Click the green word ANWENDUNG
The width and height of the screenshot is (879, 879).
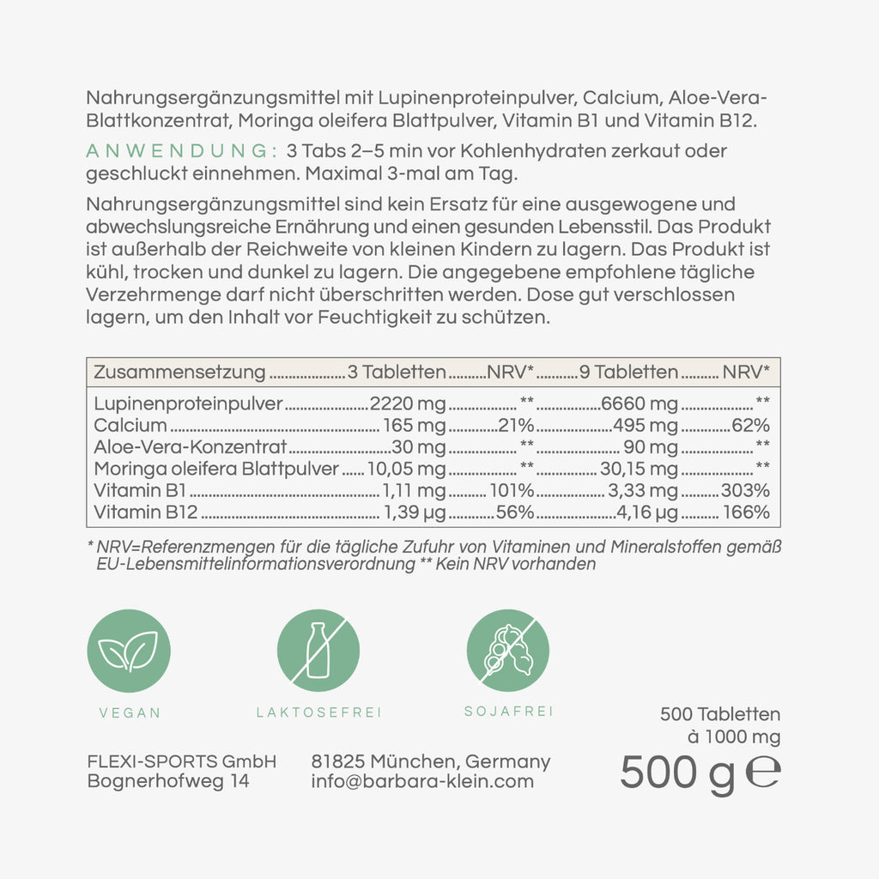coord(178,151)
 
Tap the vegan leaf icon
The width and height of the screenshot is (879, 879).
coord(129,650)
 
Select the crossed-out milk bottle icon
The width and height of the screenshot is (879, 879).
coord(318,650)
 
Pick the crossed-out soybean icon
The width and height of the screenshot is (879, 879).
coord(508,650)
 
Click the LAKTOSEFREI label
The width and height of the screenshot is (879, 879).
coord(318,712)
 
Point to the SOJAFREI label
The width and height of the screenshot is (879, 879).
coord(508,712)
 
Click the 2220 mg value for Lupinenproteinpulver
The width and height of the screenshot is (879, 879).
coord(407,404)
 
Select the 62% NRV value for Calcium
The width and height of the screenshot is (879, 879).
coord(751,426)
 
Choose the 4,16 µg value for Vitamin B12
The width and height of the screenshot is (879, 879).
coord(647,513)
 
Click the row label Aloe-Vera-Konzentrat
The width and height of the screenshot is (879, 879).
coord(190,447)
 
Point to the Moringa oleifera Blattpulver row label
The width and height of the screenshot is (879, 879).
coord(217,469)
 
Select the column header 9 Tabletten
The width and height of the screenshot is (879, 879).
coord(629,373)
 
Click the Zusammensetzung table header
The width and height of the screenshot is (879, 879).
coord(179,373)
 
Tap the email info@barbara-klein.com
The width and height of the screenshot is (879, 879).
coord(422,781)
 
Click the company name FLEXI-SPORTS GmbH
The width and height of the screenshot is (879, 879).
coord(182,761)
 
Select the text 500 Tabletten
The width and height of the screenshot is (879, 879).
coord(720,714)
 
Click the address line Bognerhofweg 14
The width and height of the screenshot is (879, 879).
coord(168,781)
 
